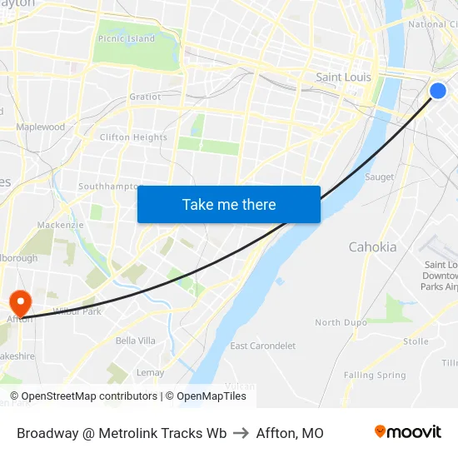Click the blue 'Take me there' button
point(229,204)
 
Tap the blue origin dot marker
point(438,91)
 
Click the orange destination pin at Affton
point(18,301)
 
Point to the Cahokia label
point(372,247)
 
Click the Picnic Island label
point(126,39)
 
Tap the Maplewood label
point(40,127)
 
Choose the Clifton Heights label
point(133,137)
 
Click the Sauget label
point(380,177)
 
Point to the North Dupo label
point(341,322)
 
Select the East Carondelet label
point(262,346)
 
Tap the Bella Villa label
point(136,341)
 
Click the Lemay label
point(150,372)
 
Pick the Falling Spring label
point(375,376)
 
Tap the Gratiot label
point(145,97)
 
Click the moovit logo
point(407,432)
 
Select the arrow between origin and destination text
point(241,433)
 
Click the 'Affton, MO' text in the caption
point(290,433)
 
